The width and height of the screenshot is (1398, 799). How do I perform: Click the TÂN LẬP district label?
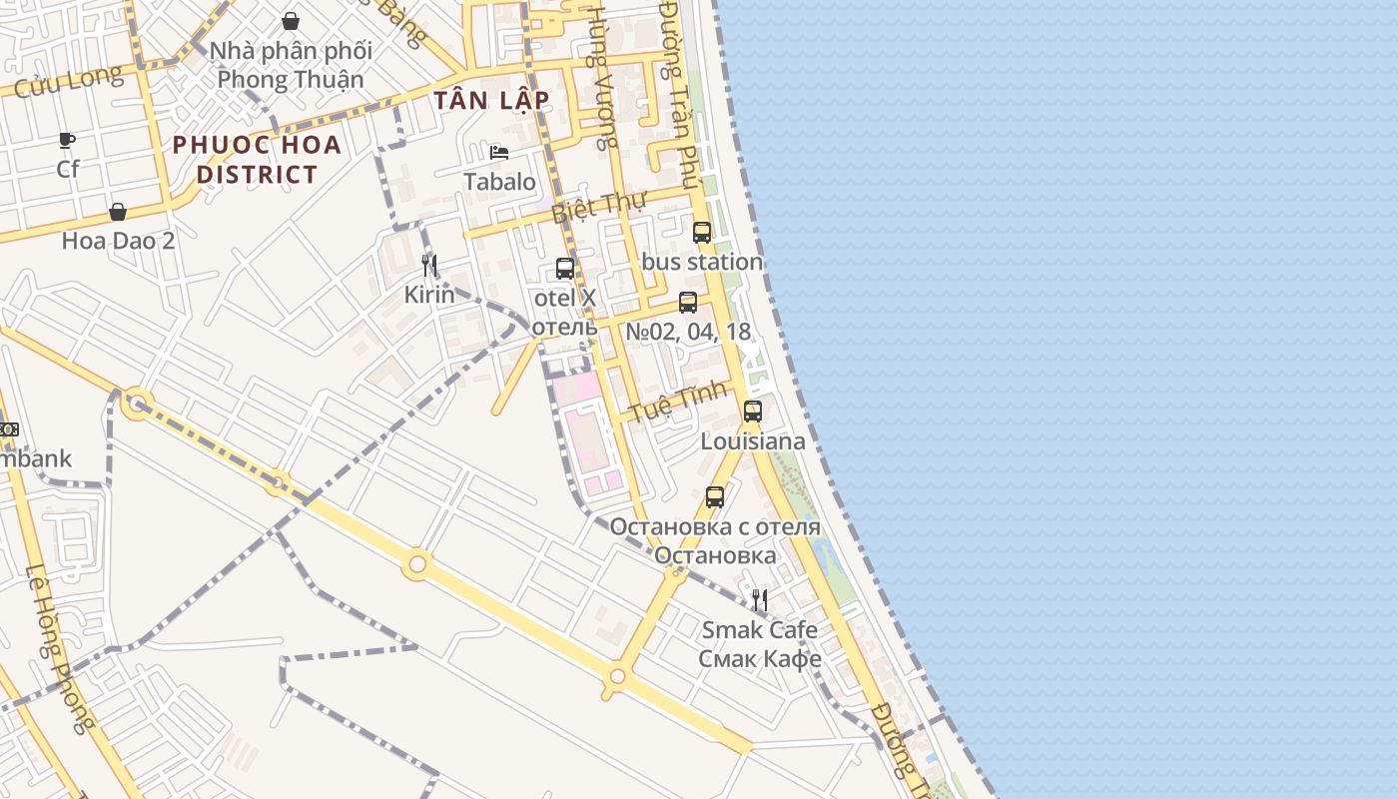[x=491, y=100]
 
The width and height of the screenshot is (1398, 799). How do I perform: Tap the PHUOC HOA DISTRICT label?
[x=257, y=160]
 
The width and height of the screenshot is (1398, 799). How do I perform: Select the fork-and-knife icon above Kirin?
[x=429, y=266]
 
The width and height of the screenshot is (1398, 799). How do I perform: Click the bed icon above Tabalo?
[x=499, y=153]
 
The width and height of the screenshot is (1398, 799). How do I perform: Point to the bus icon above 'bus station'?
[x=702, y=233]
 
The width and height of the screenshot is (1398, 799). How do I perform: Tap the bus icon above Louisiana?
[x=753, y=411]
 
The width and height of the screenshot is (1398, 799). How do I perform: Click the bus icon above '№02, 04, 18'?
[x=688, y=303]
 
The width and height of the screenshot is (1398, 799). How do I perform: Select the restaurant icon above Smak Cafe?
[x=760, y=600]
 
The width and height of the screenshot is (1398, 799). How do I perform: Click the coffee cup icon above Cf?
[x=67, y=140]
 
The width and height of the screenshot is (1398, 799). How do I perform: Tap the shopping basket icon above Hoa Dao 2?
[x=118, y=212]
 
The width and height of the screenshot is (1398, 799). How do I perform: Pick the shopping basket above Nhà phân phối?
[x=291, y=21]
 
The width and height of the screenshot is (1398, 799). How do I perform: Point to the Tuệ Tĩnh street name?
[x=674, y=402]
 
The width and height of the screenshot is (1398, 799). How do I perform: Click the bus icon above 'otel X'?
[x=565, y=269]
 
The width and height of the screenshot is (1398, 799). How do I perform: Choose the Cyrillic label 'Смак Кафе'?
[x=760, y=658]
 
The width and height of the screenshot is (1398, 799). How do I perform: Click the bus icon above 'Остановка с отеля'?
[x=715, y=497]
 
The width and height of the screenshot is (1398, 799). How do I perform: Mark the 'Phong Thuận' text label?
[x=291, y=79]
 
